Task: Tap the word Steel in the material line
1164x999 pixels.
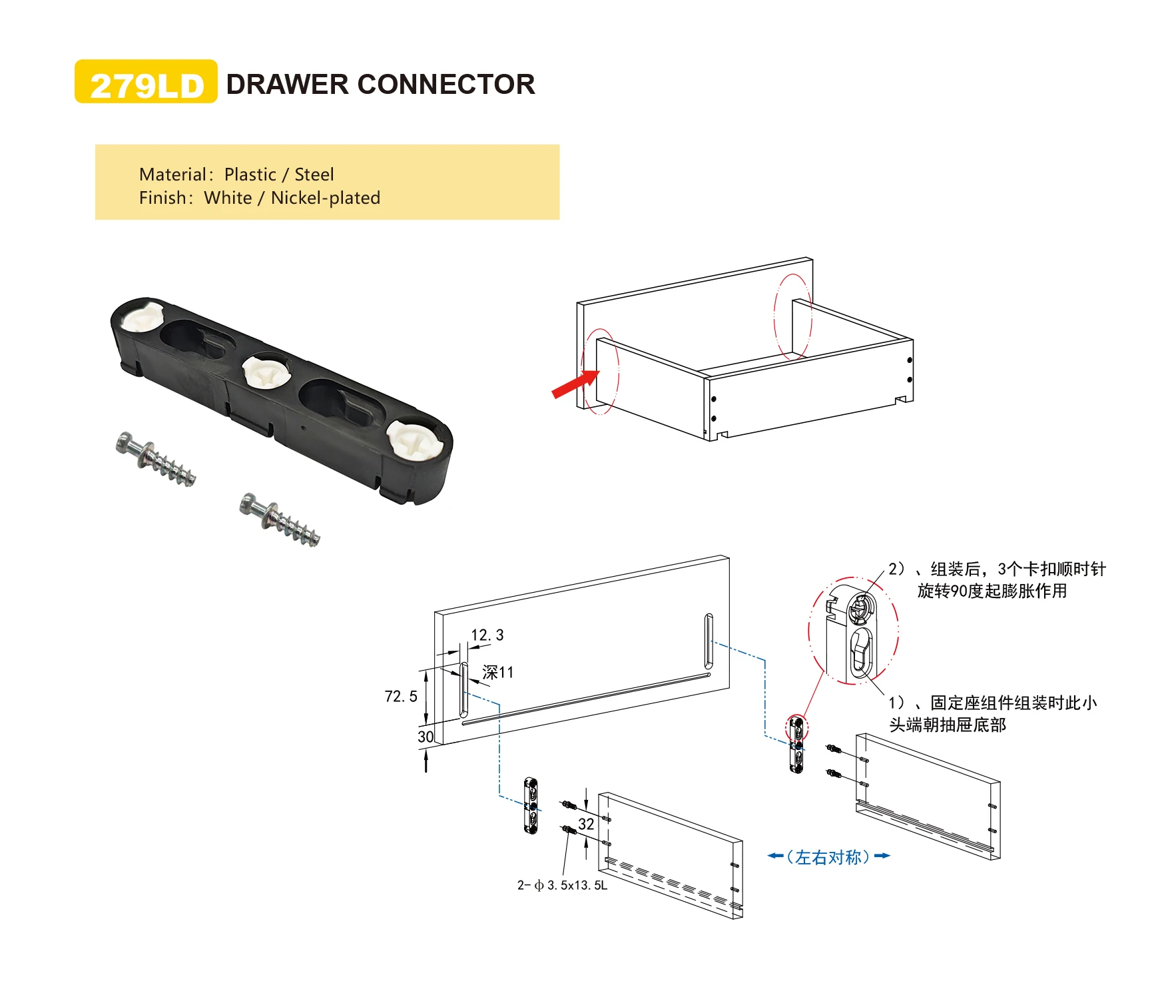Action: [x=314, y=174]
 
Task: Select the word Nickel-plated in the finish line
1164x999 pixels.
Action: [x=326, y=198]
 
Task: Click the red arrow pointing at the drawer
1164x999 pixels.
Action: [x=575, y=384]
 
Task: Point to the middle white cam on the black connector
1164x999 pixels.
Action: [x=266, y=372]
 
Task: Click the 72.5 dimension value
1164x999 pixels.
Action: [x=401, y=697]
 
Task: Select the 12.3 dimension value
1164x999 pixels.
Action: [x=487, y=635]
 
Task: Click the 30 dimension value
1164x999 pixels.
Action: [x=426, y=737]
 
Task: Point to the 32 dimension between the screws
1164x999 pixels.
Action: [x=586, y=824]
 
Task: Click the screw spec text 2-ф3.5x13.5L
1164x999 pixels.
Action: [x=563, y=885]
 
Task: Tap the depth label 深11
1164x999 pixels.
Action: [x=498, y=673]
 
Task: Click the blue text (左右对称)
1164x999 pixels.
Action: [x=828, y=857]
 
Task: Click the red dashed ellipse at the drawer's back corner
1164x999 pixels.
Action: [x=792, y=317]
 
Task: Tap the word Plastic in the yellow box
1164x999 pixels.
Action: [x=250, y=174]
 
